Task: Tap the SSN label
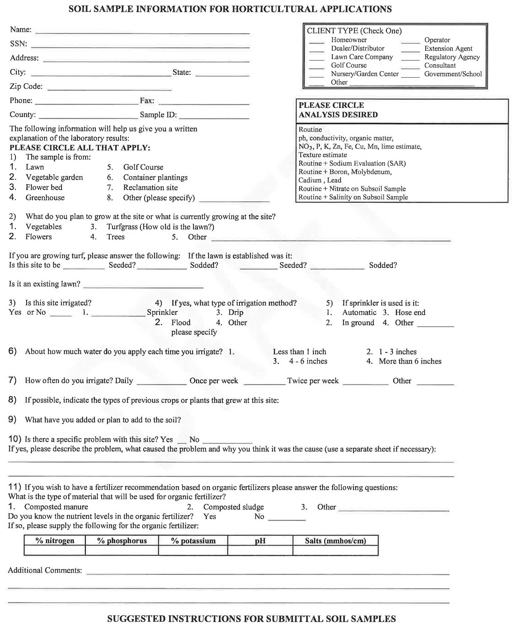click(18, 44)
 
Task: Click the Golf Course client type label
click(349, 65)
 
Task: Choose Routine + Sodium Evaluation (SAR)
click(352, 163)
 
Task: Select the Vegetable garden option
click(54, 177)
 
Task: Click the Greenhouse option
click(45, 198)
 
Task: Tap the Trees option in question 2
click(115, 237)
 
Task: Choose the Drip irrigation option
click(236, 312)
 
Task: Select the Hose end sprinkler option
click(410, 312)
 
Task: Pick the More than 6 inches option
click(410, 361)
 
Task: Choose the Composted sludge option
click(233, 507)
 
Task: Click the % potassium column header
click(193, 541)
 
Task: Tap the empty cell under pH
click(260, 550)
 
